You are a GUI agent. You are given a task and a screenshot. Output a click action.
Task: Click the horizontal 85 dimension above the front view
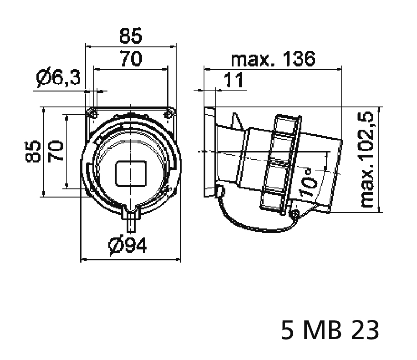pos(131,35)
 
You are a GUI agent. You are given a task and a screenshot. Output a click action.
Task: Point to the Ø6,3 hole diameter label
pos(58,79)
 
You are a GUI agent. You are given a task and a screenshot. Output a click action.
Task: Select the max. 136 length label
pos(273,59)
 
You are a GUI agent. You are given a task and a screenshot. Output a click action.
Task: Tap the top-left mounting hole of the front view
pos(92,112)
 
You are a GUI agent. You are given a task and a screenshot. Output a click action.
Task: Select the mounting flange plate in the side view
pos(209,152)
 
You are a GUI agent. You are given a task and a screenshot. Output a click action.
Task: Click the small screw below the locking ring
pos(295,213)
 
